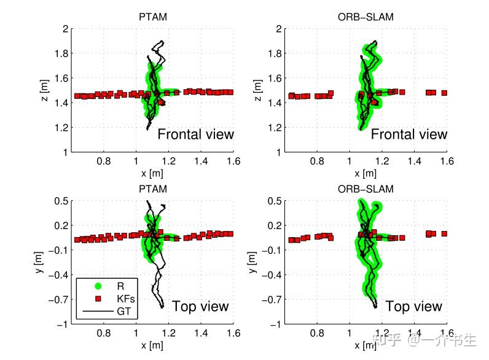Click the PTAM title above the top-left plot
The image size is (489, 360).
click(152, 17)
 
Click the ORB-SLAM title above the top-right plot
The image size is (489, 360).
click(366, 17)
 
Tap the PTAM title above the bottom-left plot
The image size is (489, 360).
click(152, 189)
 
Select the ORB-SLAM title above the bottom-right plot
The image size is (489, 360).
click(366, 189)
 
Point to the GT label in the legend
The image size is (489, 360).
click(123, 311)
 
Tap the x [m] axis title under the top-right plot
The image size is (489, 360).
click(366, 174)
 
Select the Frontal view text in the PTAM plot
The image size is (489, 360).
click(195, 135)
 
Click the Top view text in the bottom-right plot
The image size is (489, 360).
click(413, 307)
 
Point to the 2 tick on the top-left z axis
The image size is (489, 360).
click(64, 29)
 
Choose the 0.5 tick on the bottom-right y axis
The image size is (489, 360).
click(274, 202)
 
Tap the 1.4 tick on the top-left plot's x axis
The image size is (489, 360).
click(200, 161)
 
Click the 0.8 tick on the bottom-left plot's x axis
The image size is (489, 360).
click(103, 333)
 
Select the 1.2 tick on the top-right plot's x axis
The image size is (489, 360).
click(381, 161)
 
